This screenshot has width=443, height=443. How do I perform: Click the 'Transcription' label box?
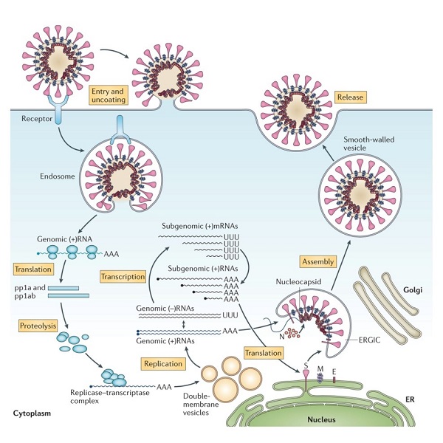(123, 276)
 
